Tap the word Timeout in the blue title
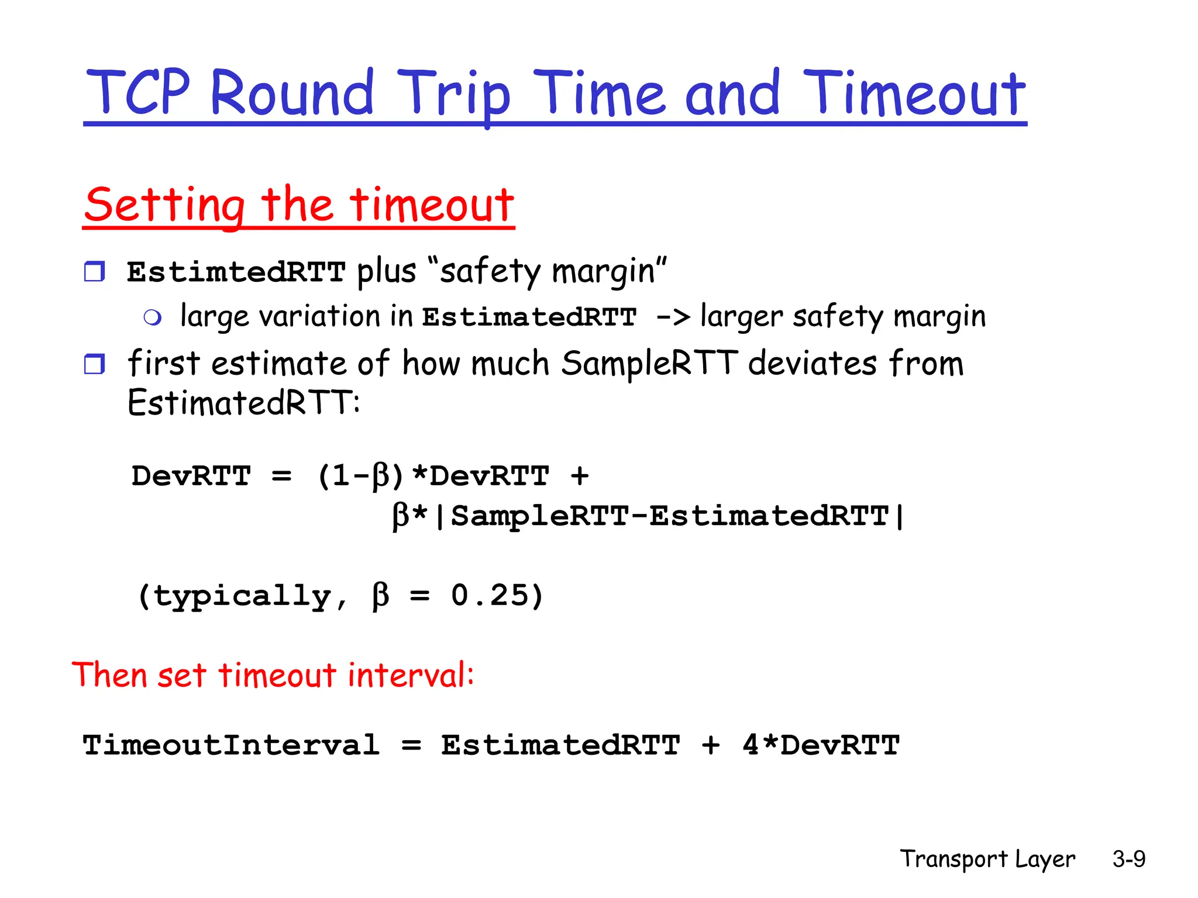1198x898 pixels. click(x=914, y=94)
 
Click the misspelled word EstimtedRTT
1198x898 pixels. click(x=236, y=272)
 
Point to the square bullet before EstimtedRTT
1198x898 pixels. click(x=94, y=272)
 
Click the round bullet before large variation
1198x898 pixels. click(x=153, y=317)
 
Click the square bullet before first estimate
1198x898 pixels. click(x=94, y=364)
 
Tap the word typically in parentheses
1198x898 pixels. click(x=243, y=596)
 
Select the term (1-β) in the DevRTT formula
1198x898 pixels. click(x=360, y=476)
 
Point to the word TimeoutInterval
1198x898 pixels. click(x=231, y=745)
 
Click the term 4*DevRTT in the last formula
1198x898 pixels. click(x=821, y=745)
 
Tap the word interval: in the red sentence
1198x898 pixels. click(x=411, y=675)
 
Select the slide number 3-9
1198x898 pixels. click(x=1128, y=859)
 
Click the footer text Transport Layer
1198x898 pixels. click(x=987, y=859)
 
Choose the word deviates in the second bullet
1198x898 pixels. click(x=812, y=363)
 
